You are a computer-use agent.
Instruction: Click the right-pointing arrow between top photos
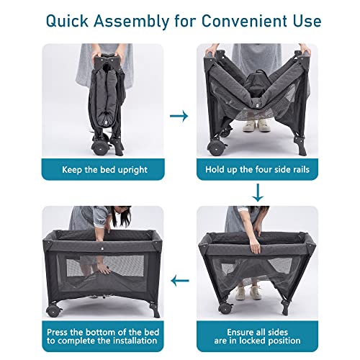tap(180, 115)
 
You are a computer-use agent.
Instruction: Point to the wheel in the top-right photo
tap(213, 146)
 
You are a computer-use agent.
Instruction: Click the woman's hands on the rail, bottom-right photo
tap(257, 246)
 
